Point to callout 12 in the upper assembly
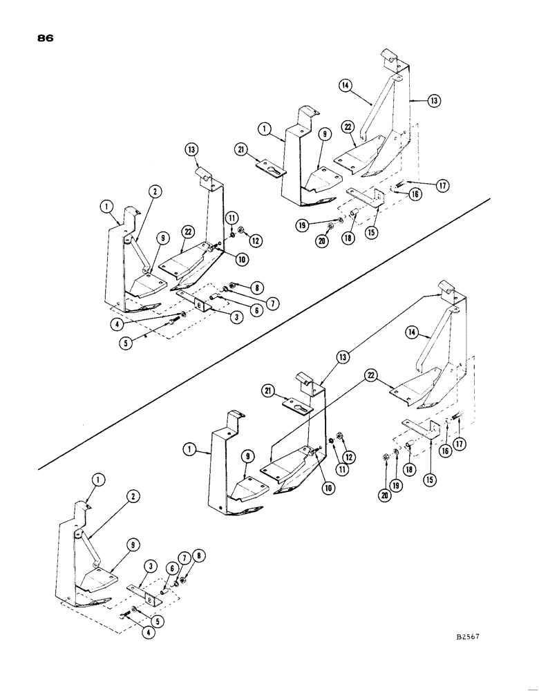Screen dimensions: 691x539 click(x=257, y=240)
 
